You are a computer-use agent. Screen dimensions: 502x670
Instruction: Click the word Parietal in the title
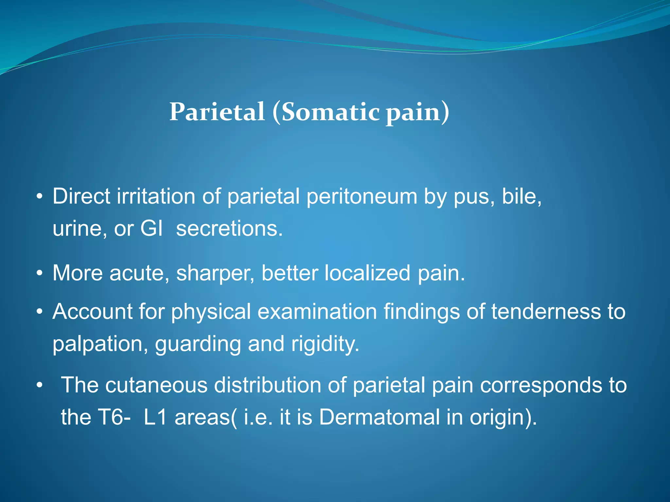click(217, 112)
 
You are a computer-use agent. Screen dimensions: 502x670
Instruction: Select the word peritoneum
click(362, 197)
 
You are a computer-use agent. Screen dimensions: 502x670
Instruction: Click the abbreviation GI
click(151, 228)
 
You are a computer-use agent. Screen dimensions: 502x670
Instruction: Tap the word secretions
click(229, 228)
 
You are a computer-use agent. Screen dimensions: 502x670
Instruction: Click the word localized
click(367, 273)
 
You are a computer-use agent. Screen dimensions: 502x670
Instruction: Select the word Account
click(92, 311)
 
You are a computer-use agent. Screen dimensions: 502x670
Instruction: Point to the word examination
click(317, 311)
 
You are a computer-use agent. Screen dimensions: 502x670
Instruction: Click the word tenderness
click(546, 311)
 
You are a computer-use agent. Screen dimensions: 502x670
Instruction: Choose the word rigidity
click(325, 344)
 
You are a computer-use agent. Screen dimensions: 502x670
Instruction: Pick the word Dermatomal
click(379, 417)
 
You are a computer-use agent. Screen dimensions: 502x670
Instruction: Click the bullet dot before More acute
click(40, 273)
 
